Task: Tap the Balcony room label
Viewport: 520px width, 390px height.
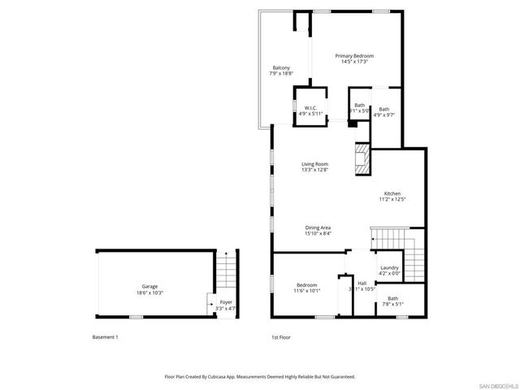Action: [280, 67]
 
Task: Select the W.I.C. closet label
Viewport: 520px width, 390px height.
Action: [310, 108]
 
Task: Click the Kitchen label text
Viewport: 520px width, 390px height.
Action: [392, 193]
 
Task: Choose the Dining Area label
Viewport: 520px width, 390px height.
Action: [318, 227]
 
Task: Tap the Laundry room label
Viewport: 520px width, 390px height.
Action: [389, 267]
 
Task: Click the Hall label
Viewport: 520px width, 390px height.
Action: [362, 283]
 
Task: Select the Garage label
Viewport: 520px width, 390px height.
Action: [149, 286]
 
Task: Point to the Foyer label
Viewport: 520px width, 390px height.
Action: [226, 302]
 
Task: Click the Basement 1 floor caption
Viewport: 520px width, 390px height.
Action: [105, 336]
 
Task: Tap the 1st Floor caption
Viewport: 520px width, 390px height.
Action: [280, 336]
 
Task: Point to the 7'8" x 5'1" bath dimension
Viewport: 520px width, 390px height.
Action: [392, 305]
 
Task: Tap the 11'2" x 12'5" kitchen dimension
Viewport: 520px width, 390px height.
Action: [392, 199]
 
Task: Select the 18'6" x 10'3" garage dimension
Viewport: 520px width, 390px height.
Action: [149, 292]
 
